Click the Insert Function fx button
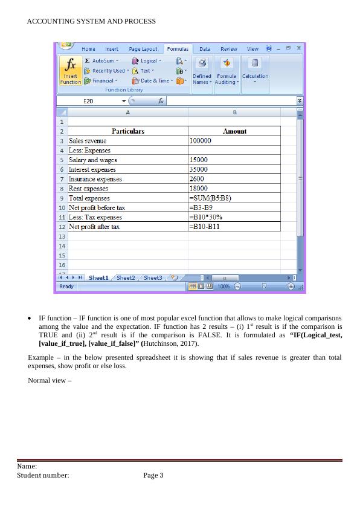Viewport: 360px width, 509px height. [71, 71]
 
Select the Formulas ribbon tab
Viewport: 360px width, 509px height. [178, 49]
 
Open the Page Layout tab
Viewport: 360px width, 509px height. [143, 49]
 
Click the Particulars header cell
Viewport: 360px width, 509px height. [128, 131]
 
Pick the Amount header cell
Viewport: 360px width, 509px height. [234, 131]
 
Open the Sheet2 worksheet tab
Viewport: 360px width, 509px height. [126, 277]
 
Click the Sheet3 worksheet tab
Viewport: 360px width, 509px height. [153, 277]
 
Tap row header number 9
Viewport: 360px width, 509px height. [62, 198]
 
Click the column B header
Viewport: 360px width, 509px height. [234, 112]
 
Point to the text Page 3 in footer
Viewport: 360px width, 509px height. [153, 476]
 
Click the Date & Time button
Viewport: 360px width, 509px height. [154, 80]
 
